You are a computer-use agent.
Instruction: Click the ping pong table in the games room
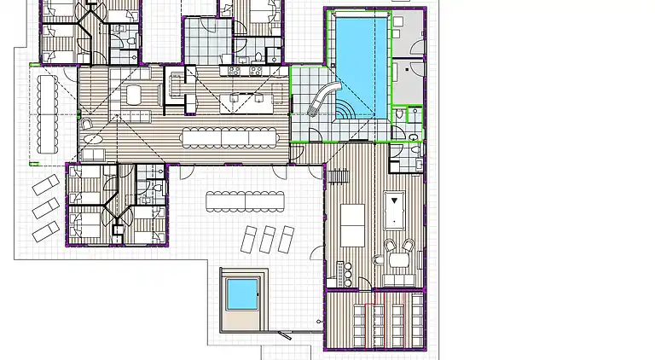pyautogui.click(x=353, y=224)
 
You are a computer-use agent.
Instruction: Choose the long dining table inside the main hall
pyautogui.click(x=229, y=136)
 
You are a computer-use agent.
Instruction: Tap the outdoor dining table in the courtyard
pyautogui.click(x=246, y=201)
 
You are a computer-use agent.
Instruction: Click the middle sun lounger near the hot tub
pyautogui.click(x=269, y=239)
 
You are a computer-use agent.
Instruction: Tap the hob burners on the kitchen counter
pyautogui.click(x=235, y=71)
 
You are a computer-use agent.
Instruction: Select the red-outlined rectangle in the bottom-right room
pyautogui.click(x=373, y=325)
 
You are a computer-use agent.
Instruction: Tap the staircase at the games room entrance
pyautogui.click(x=341, y=176)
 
